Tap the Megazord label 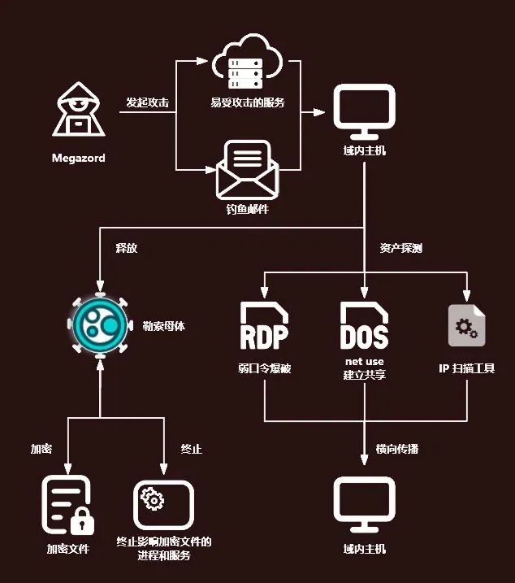tap(78, 158)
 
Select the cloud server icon tap(247, 67)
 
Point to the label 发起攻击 tap(147, 103)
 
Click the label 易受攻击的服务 tap(247, 103)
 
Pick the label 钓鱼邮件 tap(247, 209)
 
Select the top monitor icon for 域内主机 tap(364, 111)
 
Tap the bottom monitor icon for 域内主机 tap(364, 500)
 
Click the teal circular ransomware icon tap(99, 325)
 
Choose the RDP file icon tap(264, 325)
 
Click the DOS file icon tap(364, 325)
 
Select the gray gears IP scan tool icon tap(467, 325)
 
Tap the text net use tap(364, 361)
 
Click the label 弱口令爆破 tap(264, 368)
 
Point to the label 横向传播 tap(397, 449)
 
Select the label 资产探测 tap(400, 248)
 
